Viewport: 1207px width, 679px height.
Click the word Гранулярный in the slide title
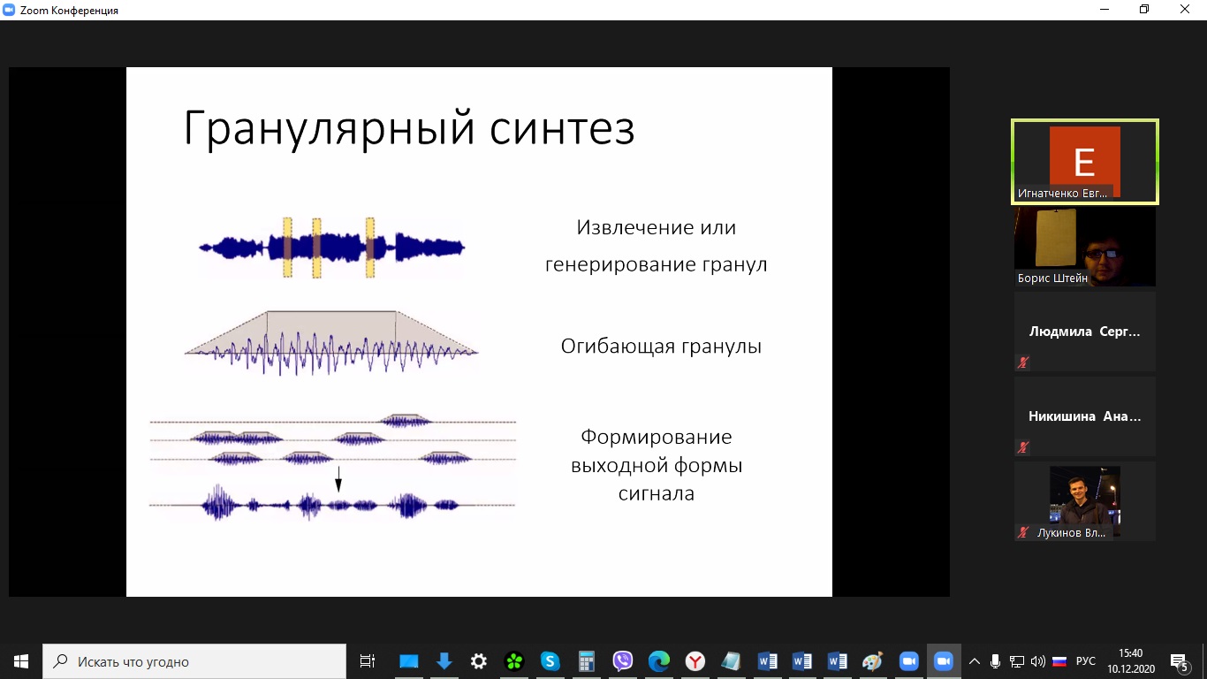coord(330,129)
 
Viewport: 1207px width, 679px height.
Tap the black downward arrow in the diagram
coord(338,479)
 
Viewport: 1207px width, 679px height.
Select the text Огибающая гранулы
coord(661,347)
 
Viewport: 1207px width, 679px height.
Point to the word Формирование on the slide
coord(657,437)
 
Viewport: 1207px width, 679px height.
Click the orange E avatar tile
coord(1085,161)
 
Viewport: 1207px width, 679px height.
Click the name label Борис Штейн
coord(1052,278)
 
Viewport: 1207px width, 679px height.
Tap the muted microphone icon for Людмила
coord(1022,362)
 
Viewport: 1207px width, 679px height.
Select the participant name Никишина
coord(1061,416)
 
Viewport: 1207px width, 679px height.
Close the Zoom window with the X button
coord(1184,9)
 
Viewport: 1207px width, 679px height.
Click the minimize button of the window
coord(1105,9)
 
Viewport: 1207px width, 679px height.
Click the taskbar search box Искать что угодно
coord(194,661)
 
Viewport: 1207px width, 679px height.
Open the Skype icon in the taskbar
coord(550,661)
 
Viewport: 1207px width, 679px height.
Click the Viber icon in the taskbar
coord(622,661)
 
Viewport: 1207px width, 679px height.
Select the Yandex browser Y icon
coord(695,661)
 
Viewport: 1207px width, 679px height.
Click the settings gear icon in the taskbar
coord(479,661)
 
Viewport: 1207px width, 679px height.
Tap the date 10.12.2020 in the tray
coord(1131,669)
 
